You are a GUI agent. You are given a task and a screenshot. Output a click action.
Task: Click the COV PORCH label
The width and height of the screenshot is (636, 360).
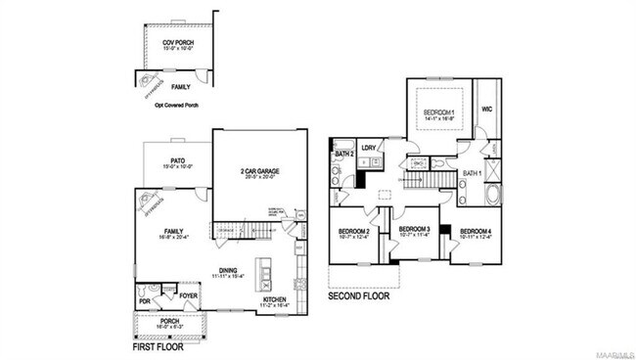click(x=177, y=42)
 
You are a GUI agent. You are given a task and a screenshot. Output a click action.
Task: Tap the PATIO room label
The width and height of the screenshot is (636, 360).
click(x=177, y=159)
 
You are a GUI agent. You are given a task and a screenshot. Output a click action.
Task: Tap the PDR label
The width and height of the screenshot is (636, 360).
click(x=146, y=302)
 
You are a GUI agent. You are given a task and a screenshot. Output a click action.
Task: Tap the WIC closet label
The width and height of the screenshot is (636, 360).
click(x=486, y=110)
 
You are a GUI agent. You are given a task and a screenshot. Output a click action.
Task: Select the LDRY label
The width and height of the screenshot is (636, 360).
click(x=369, y=148)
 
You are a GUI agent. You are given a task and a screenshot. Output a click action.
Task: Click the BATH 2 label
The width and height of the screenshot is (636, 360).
click(x=343, y=154)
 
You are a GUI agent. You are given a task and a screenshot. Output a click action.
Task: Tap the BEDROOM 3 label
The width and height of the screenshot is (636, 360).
click(x=415, y=228)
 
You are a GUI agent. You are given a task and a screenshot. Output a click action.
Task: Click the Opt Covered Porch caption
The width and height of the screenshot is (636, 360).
click(x=176, y=104)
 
